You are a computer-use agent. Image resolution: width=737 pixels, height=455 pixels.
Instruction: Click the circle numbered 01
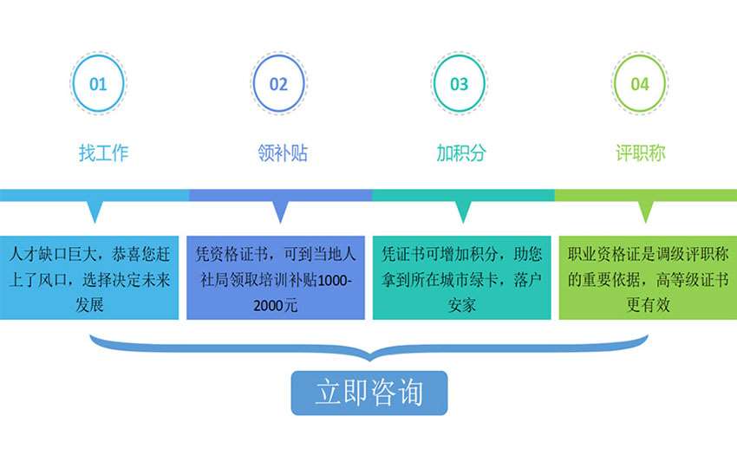coord(98,84)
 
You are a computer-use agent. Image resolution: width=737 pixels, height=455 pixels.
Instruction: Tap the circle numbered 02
coord(278,84)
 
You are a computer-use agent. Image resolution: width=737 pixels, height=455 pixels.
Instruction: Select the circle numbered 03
coord(459,84)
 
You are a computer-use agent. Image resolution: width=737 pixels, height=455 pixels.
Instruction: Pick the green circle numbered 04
coord(640,84)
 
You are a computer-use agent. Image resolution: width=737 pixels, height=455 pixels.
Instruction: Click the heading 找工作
coord(104,153)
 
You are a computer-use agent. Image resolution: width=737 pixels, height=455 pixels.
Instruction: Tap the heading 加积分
coord(461,153)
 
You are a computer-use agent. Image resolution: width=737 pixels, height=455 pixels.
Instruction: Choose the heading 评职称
coord(641,153)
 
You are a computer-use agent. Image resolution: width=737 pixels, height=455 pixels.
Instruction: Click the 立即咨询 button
coord(368,393)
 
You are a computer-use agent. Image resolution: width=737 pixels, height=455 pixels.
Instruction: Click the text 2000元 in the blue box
coord(277,305)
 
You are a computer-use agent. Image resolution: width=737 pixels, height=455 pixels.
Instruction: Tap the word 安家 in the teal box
coord(461,305)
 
